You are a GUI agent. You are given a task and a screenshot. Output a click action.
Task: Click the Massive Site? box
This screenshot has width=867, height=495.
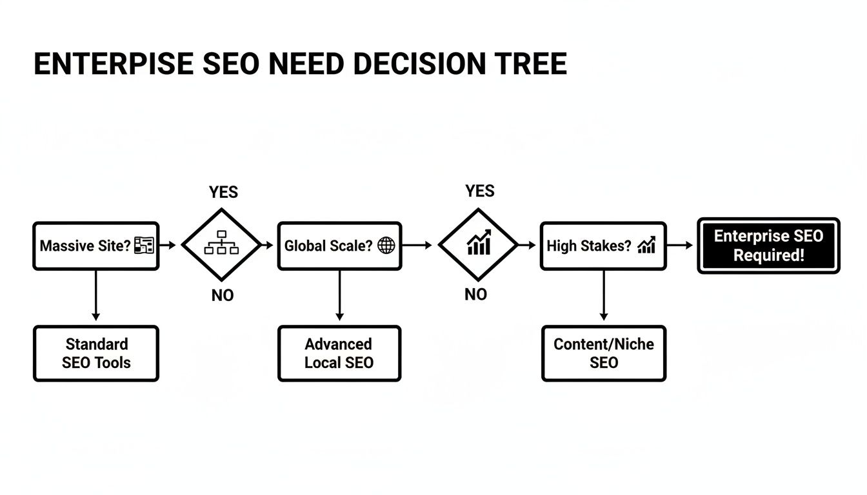point(95,246)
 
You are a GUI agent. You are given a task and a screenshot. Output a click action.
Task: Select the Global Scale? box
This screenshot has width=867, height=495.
point(339,246)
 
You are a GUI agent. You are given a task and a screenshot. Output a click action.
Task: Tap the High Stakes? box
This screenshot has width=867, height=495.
point(603,246)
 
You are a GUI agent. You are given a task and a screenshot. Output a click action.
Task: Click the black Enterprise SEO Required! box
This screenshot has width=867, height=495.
point(768,246)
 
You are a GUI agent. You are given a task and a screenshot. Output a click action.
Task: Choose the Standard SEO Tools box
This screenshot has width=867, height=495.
point(95,353)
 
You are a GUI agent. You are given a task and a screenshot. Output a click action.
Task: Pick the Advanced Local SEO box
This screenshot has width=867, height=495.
point(339,353)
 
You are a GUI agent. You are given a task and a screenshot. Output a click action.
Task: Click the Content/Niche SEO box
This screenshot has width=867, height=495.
point(603,353)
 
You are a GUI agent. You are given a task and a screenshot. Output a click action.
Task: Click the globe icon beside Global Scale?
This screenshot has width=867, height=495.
point(386,246)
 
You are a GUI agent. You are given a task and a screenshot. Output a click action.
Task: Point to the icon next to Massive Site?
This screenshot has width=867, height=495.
point(143,245)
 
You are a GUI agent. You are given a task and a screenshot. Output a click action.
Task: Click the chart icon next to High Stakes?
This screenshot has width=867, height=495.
point(646,245)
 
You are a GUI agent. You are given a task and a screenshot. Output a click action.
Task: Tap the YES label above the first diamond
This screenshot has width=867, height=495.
point(223,192)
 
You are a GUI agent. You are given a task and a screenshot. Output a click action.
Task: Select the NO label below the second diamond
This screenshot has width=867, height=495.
point(475,295)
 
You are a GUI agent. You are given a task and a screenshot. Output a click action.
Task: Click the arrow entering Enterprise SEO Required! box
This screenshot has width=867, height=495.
point(680,246)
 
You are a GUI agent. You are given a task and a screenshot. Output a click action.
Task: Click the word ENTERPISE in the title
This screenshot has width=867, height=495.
point(112,64)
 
